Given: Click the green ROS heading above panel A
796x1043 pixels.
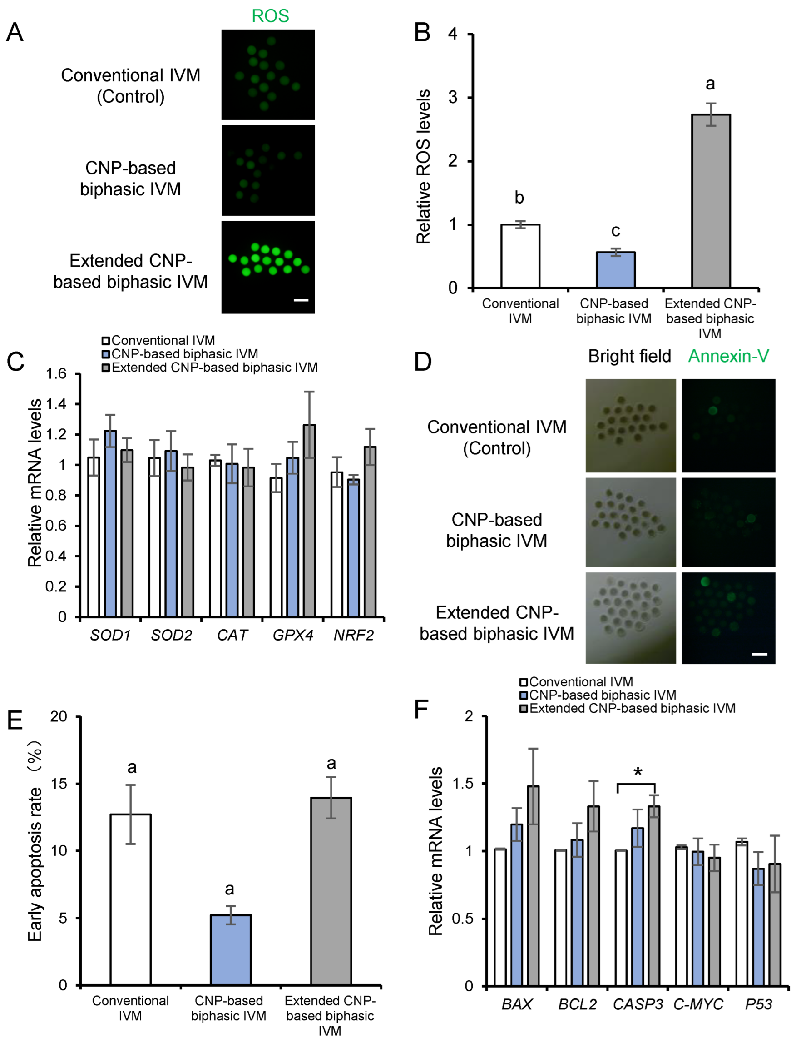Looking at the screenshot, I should (x=270, y=16).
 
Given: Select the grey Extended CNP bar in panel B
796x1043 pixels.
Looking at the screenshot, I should (x=710, y=201).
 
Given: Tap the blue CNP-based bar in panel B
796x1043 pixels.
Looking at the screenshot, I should (x=615, y=270).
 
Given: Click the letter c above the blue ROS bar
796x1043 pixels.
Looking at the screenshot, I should (x=615, y=231).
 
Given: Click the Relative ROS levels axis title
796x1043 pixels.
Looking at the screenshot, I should (x=424, y=167).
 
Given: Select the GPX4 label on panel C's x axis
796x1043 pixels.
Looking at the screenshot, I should (x=293, y=635).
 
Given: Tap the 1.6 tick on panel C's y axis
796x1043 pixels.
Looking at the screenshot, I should (x=56, y=374).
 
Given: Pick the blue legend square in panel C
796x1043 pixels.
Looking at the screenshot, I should (x=106, y=354).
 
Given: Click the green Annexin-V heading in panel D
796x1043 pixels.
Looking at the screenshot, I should (x=728, y=356).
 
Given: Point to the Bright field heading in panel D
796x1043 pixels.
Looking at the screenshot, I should (x=629, y=356).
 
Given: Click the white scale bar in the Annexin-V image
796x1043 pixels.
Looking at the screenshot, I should (x=759, y=654).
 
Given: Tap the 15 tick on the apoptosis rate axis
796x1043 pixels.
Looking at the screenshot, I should (x=59, y=783).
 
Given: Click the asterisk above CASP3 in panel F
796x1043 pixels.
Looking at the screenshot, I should (x=638, y=772).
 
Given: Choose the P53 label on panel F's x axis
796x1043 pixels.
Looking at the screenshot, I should (x=758, y=1003).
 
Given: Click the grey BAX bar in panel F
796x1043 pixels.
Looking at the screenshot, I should (x=533, y=886).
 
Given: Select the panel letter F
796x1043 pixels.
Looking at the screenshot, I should (x=421, y=710).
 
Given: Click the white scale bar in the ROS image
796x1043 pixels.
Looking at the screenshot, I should (x=301, y=300).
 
